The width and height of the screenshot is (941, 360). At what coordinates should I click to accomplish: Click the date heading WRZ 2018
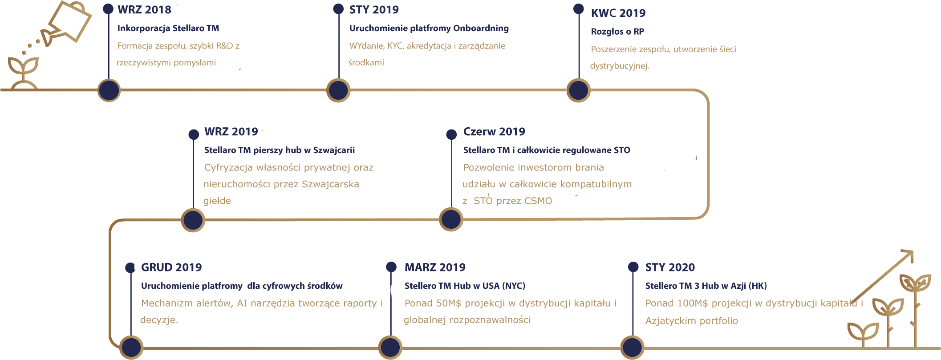tap(144, 9)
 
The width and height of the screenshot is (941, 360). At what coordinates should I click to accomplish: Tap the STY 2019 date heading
tap(374, 9)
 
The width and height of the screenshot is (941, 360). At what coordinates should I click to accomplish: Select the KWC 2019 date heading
tap(618, 13)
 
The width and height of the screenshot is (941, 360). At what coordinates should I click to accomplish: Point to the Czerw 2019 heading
tap(494, 132)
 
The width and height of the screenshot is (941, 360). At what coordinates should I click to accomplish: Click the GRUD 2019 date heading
tap(171, 267)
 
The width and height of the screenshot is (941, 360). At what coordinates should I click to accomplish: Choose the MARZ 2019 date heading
tap(435, 267)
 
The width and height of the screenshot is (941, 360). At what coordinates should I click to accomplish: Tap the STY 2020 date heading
tap(670, 267)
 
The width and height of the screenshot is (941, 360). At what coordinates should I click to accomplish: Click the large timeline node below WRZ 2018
tap(109, 90)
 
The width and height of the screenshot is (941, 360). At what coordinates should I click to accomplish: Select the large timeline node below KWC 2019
tap(578, 90)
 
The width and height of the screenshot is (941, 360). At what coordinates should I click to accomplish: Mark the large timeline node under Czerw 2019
tap(451, 219)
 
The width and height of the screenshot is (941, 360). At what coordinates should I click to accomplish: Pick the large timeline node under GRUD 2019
tap(131, 348)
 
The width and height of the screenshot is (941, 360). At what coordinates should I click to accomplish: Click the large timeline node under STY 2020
tap(632, 348)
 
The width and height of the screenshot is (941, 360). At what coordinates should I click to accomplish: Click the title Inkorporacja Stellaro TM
tap(168, 28)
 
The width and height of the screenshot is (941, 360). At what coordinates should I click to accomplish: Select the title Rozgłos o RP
tap(617, 32)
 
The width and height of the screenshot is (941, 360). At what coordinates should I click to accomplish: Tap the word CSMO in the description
tap(538, 201)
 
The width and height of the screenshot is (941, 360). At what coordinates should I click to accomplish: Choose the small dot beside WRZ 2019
tap(194, 134)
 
